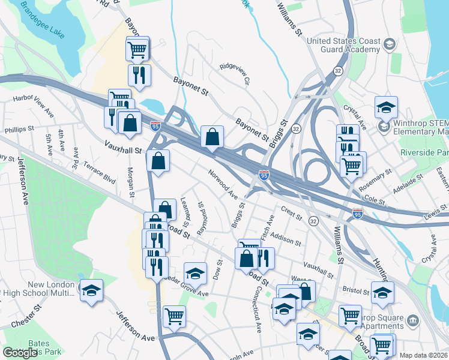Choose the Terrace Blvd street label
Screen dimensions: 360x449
coord(100,172)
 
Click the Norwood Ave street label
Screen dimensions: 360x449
coord(223,185)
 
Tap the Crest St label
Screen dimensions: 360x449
coord(290,212)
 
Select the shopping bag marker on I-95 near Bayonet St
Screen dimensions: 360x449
coord(212,137)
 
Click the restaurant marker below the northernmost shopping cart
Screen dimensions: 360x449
coord(139,75)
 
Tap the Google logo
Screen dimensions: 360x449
coord(20,353)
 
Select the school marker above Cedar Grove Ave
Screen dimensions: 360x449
coord(195,275)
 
